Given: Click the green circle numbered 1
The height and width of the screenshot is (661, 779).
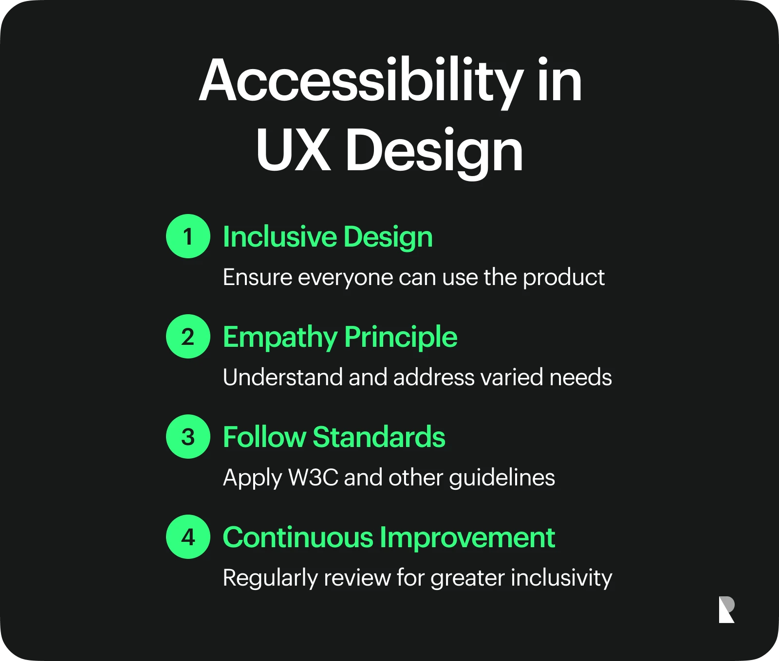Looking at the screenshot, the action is (188, 236).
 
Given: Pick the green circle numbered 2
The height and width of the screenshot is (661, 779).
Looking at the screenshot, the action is (188, 336).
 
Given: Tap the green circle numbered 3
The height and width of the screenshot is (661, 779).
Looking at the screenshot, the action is (188, 436).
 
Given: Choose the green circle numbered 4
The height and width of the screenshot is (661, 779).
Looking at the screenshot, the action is (188, 536).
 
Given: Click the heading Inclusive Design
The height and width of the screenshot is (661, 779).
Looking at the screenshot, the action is (328, 237).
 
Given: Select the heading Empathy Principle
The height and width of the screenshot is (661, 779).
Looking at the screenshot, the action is (340, 338).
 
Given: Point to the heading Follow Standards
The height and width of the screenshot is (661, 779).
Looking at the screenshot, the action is (334, 437).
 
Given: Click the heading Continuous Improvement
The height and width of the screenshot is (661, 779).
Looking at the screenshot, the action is (389, 537).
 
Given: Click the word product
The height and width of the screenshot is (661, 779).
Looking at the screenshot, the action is (564, 278).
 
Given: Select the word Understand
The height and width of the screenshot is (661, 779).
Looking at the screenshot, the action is (283, 377).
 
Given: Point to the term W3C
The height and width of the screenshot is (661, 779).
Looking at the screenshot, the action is (313, 477).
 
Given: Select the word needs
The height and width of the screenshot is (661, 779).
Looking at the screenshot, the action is (580, 378).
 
